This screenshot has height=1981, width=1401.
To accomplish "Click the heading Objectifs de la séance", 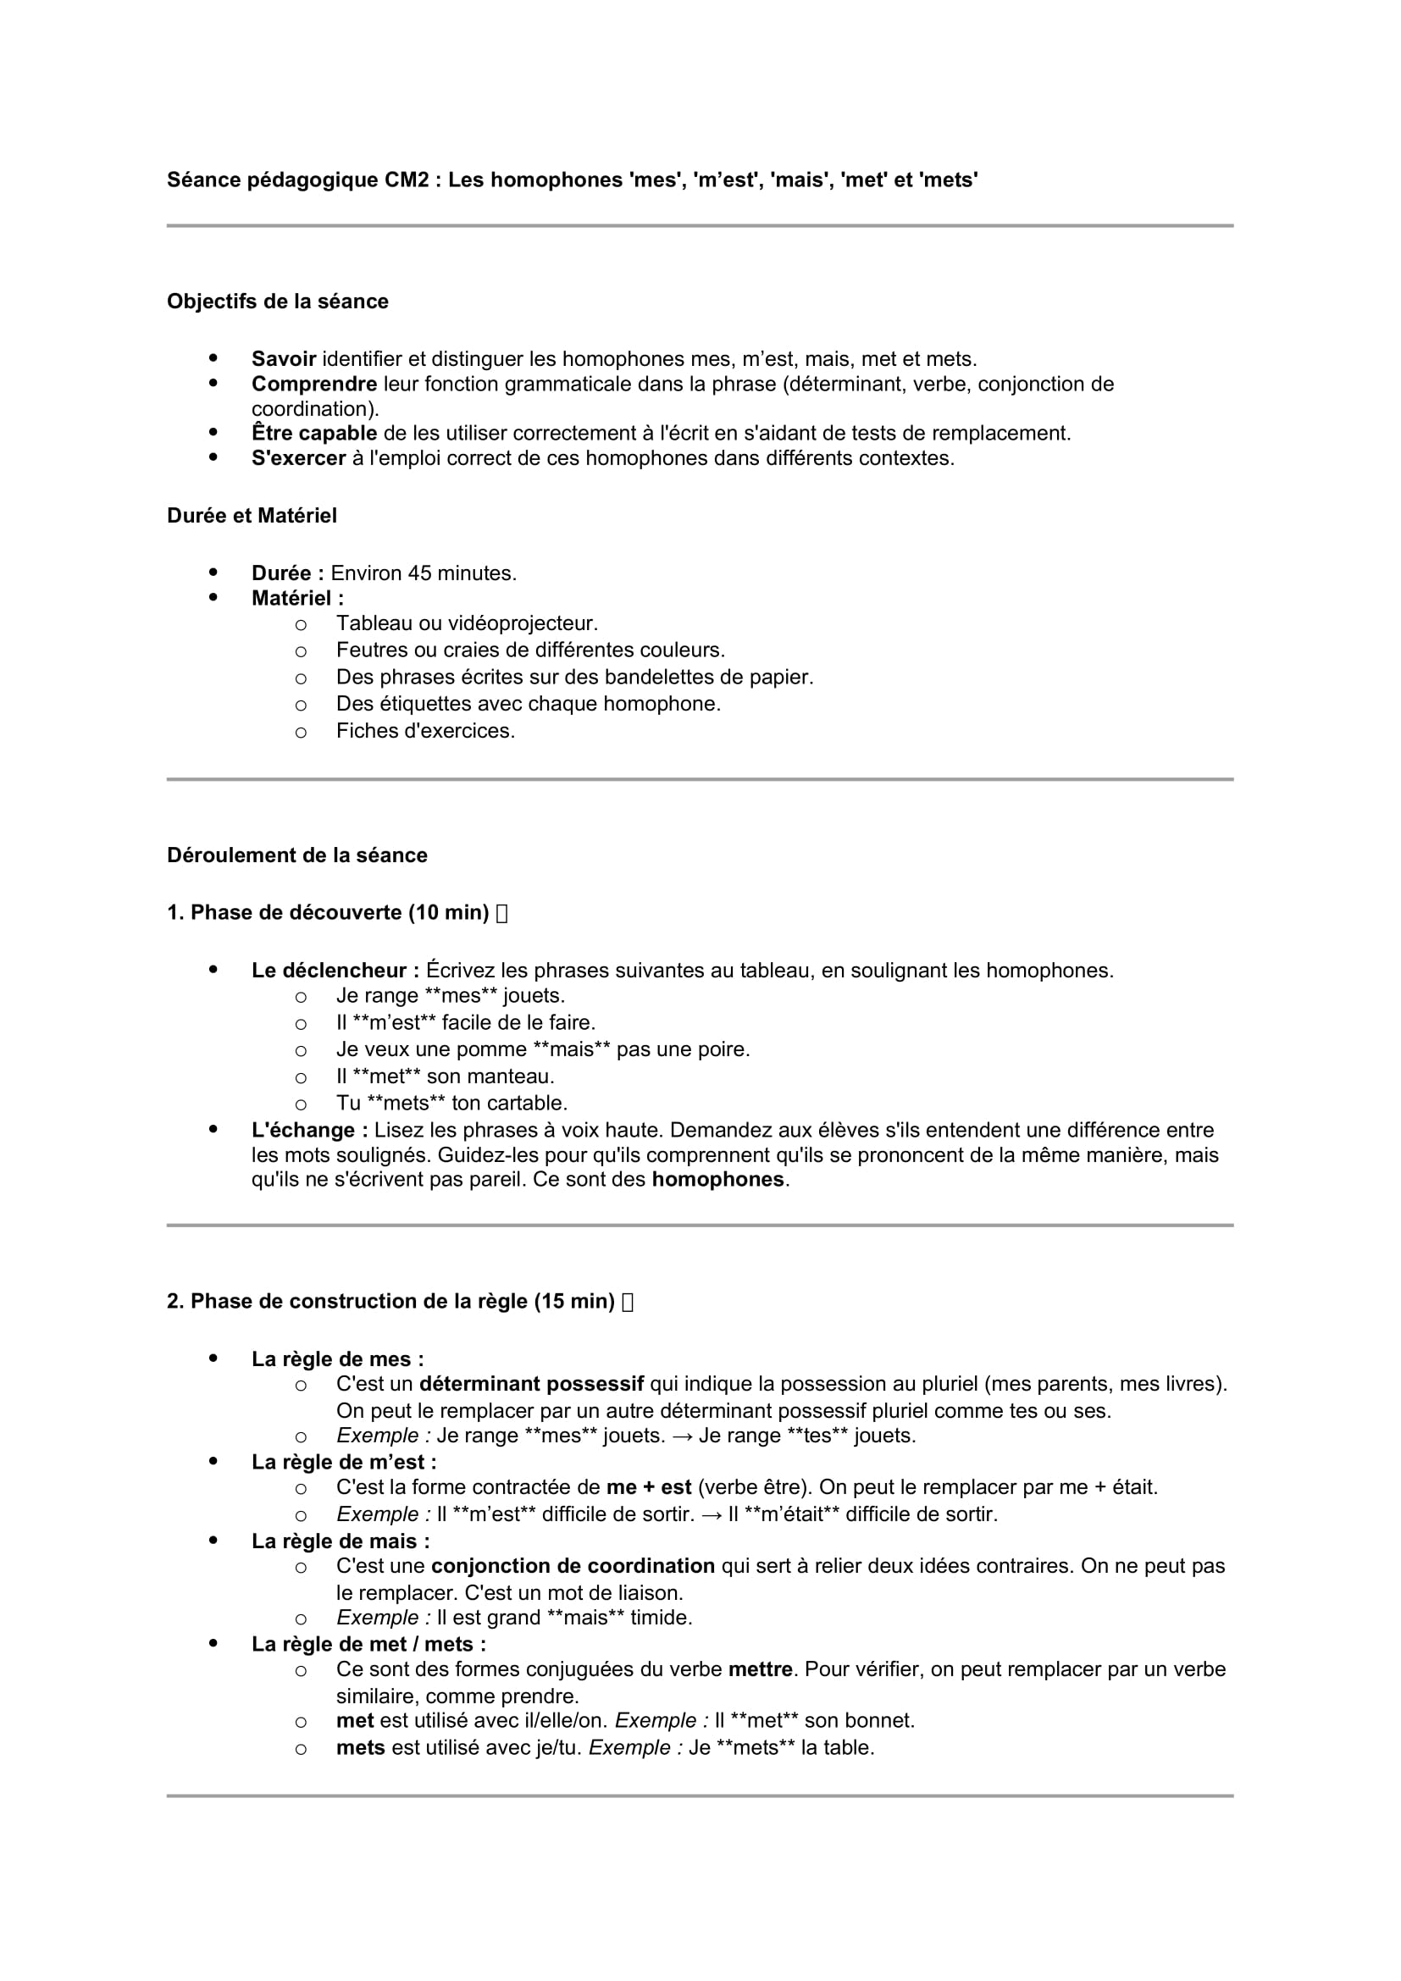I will [277, 302].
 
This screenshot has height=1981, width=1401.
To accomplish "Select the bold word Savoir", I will [284, 359].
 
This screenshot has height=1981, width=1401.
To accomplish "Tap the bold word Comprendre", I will [314, 384].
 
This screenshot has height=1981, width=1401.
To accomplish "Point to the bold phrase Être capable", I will [314, 433].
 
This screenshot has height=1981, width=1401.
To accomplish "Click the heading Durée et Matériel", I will [252, 515].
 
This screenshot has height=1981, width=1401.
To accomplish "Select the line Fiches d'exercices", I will [425, 731].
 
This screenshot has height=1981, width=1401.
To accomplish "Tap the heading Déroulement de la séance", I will [296, 855].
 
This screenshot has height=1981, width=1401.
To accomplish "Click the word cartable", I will [530, 1103].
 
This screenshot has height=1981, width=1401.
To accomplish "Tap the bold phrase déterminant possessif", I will [531, 1384].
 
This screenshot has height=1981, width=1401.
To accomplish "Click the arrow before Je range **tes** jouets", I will [682, 1436].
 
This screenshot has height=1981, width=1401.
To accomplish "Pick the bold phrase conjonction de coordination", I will [573, 1566].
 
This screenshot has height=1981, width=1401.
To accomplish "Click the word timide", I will [661, 1618].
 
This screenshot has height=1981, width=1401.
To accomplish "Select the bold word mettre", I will [760, 1669].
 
